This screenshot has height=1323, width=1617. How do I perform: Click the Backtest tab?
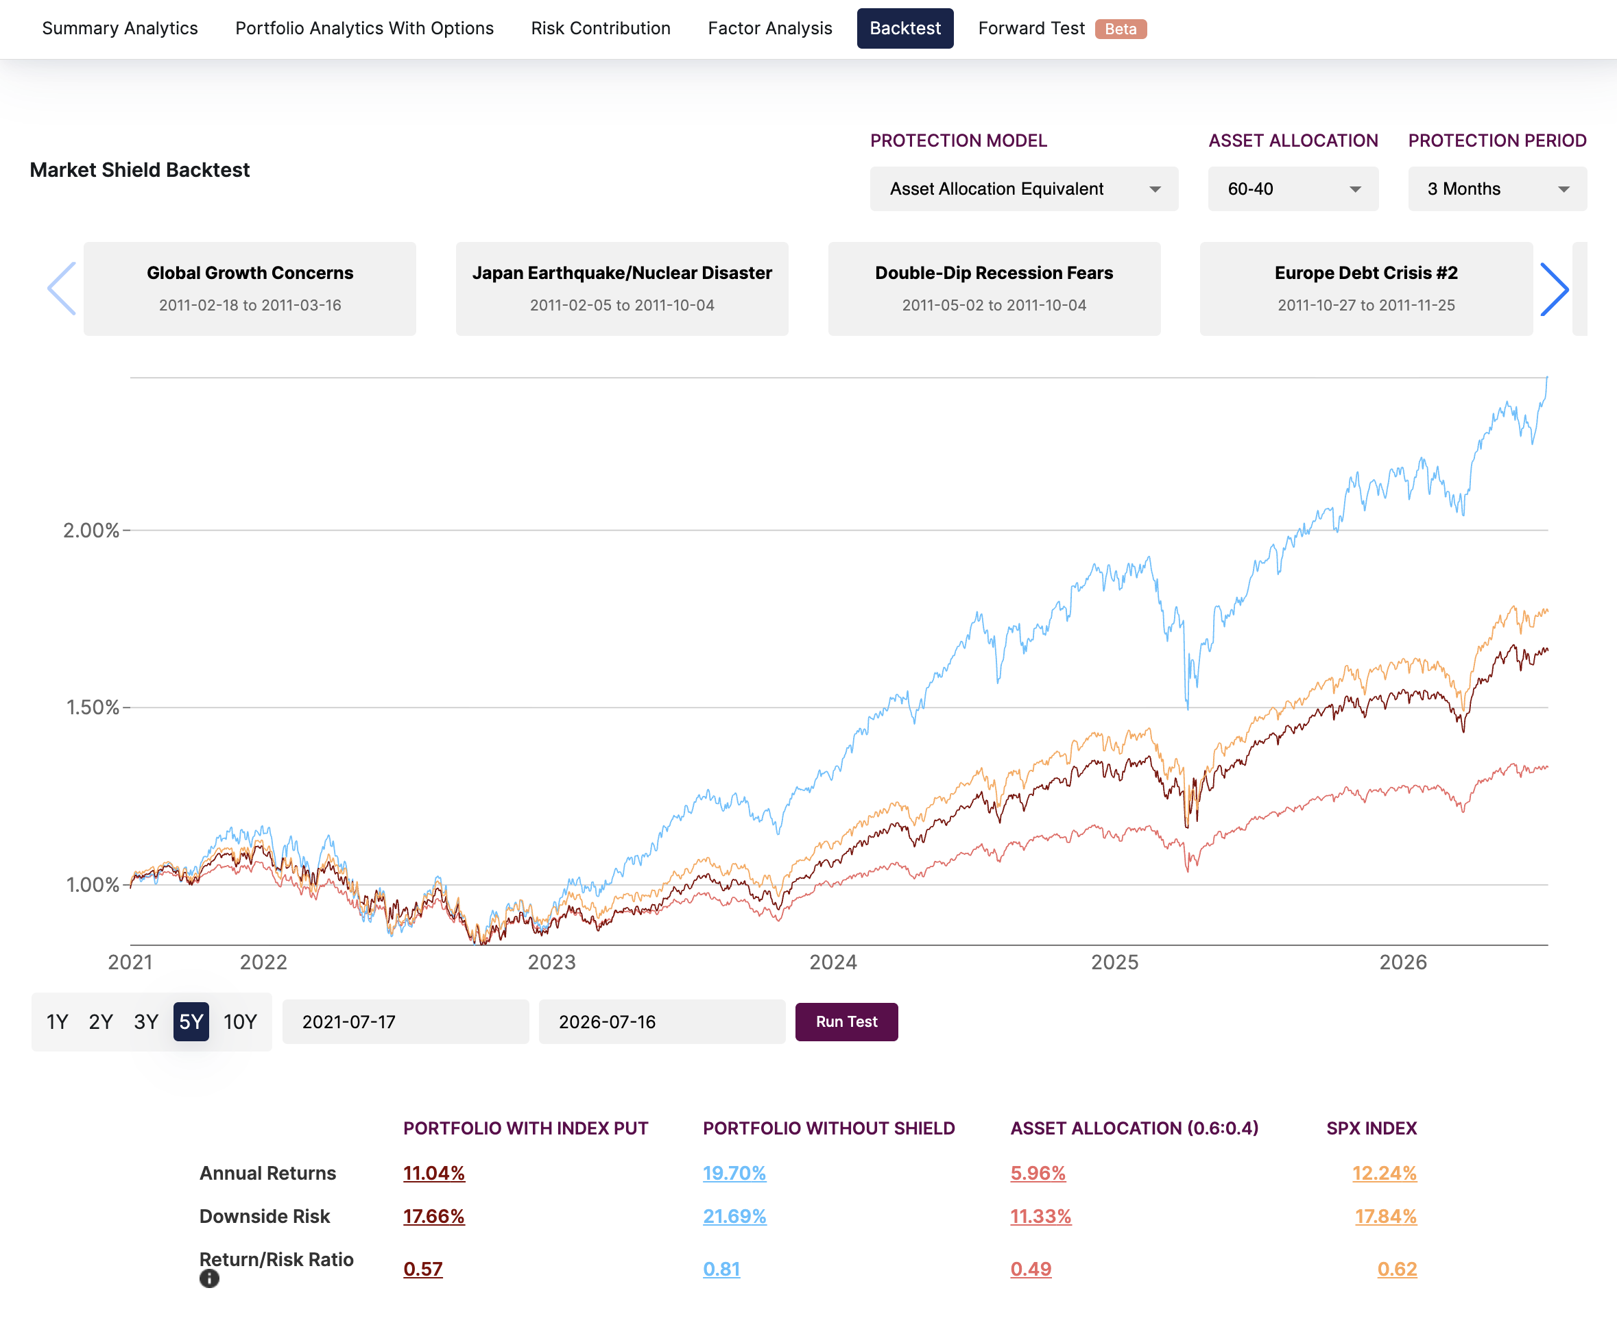tap(905, 28)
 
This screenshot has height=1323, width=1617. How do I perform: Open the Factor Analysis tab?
tap(770, 28)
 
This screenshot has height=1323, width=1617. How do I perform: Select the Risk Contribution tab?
tap(601, 28)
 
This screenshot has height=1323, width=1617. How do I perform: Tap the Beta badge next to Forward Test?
tap(1121, 29)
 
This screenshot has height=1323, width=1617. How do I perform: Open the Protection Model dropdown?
tap(1024, 189)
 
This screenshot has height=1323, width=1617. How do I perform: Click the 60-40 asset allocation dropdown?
tap(1293, 189)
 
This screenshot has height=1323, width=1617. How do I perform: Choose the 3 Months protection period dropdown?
tap(1497, 189)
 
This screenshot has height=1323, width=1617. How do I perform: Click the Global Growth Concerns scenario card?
tap(250, 289)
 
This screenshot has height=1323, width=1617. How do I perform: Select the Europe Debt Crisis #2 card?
tap(1366, 289)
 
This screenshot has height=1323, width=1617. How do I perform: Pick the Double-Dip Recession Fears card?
tap(994, 289)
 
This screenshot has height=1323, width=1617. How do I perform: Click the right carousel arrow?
tap(1555, 289)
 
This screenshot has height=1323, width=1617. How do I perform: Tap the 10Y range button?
tap(240, 1022)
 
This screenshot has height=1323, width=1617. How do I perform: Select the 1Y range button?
tap(57, 1022)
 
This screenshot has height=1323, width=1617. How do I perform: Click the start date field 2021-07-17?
tap(405, 1022)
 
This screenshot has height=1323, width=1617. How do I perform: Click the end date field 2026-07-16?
tap(662, 1022)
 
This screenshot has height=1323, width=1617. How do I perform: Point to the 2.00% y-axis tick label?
tap(91, 531)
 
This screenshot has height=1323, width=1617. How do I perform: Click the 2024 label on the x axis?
tap(833, 962)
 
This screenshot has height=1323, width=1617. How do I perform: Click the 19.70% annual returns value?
tap(734, 1173)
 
